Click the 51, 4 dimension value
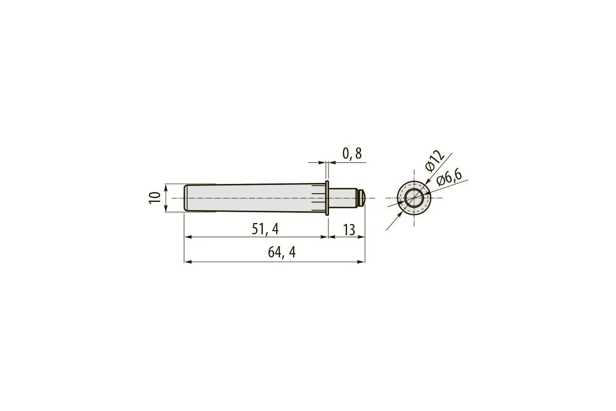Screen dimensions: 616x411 [265, 229]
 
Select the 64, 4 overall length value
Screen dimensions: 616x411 [282, 252]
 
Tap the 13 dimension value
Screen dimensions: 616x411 [349, 230]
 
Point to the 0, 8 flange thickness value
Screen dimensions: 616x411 [352, 154]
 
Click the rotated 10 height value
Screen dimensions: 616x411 [155, 198]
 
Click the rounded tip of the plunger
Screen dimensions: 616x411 [362, 198]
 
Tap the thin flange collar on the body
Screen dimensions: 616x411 [327, 198]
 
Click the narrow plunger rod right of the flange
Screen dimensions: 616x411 [344, 198]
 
